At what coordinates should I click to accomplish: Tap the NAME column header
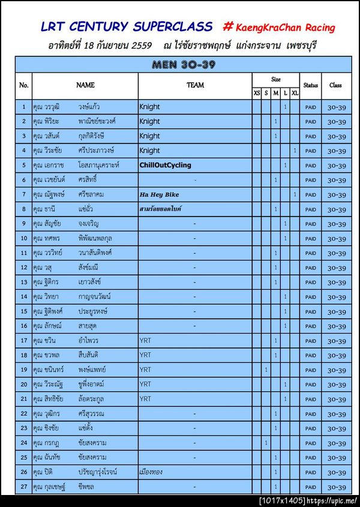click(x=85, y=85)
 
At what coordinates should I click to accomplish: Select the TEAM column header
click(x=195, y=85)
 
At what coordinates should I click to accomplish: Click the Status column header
click(x=310, y=85)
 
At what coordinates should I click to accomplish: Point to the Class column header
click(x=335, y=85)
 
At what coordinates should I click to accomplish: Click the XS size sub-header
click(x=257, y=93)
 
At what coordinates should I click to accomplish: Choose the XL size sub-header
click(x=295, y=93)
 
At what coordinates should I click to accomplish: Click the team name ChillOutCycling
click(x=165, y=165)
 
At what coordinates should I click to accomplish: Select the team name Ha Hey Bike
click(x=159, y=194)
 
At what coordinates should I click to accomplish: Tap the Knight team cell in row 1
click(x=149, y=107)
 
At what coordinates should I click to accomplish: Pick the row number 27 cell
click(x=24, y=487)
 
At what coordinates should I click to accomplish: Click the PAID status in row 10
click(x=310, y=238)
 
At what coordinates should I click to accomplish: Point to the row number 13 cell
click(x=24, y=282)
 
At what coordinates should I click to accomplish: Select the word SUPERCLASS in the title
click(x=172, y=27)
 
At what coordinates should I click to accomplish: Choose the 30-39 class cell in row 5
click(x=335, y=165)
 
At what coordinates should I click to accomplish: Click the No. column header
click(x=24, y=85)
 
